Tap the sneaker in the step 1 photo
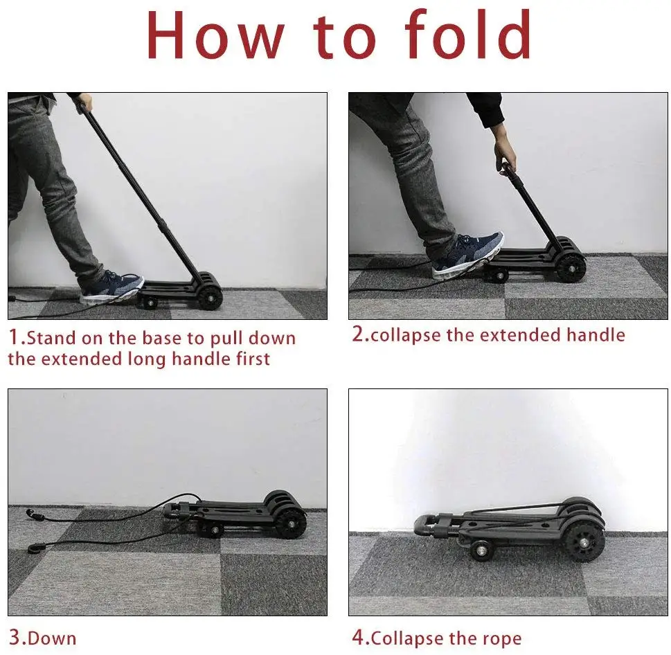click(111, 287)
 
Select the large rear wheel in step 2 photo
click(571, 268)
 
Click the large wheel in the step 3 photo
click(291, 523)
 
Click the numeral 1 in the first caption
click(15, 339)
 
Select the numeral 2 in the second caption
click(358, 334)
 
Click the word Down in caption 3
click(53, 638)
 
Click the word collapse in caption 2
click(404, 336)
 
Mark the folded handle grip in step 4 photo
click(424, 525)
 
